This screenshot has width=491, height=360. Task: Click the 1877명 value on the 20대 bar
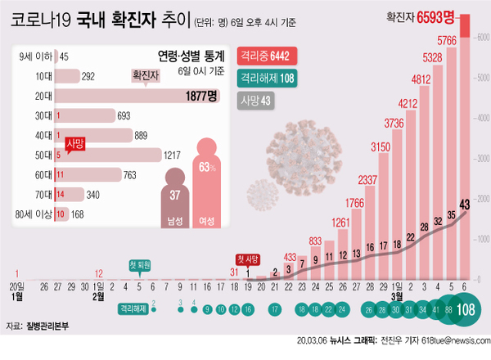point(200,96)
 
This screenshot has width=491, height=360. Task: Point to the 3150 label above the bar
point(380,147)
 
